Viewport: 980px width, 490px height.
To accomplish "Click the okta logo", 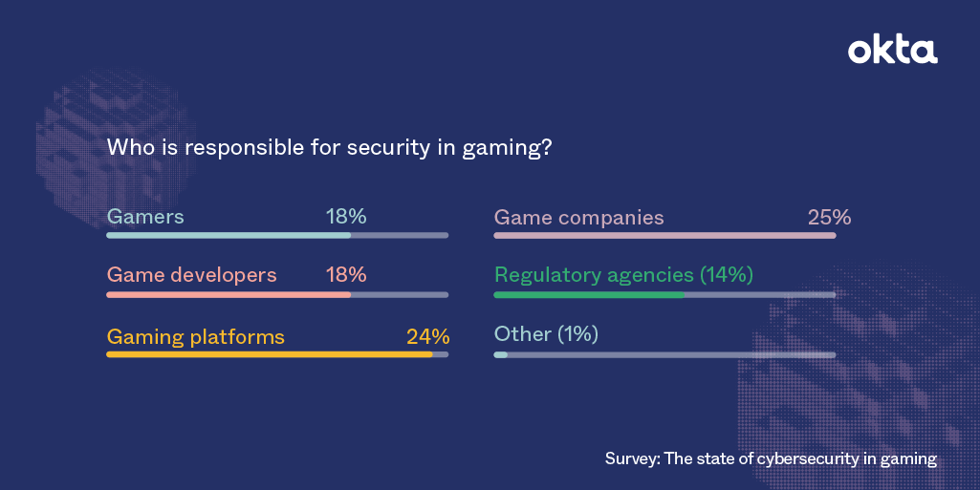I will tap(892, 51).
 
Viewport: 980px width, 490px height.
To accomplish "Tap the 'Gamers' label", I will tap(145, 217).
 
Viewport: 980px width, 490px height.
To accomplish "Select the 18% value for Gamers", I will tap(346, 217).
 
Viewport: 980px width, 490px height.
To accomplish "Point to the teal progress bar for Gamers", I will tap(229, 235).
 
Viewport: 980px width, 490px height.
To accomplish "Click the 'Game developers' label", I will tap(191, 275).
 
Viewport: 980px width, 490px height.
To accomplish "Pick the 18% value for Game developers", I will tap(346, 275).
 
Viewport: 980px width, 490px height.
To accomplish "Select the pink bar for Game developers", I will tap(229, 295).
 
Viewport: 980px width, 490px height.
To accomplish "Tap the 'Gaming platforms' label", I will tap(196, 336).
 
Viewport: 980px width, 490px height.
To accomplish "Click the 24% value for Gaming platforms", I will tap(427, 336).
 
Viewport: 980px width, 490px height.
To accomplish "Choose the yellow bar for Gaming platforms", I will tap(269, 354).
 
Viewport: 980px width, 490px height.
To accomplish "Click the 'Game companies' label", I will tap(578, 218).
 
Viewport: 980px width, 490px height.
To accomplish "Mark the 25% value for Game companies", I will tap(829, 218).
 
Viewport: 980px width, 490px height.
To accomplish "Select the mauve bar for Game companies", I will tap(664, 235).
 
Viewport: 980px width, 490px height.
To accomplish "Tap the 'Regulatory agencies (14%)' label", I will tap(623, 275).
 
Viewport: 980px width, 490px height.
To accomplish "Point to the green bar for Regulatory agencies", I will tap(589, 295).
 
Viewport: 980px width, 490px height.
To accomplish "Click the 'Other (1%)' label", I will tap(545, 334).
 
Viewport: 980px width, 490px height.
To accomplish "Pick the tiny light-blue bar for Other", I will tap(500, 354).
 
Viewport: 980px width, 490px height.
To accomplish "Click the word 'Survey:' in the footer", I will tap(632, 459).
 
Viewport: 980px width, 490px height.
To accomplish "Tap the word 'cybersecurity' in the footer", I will tap(809, 459).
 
